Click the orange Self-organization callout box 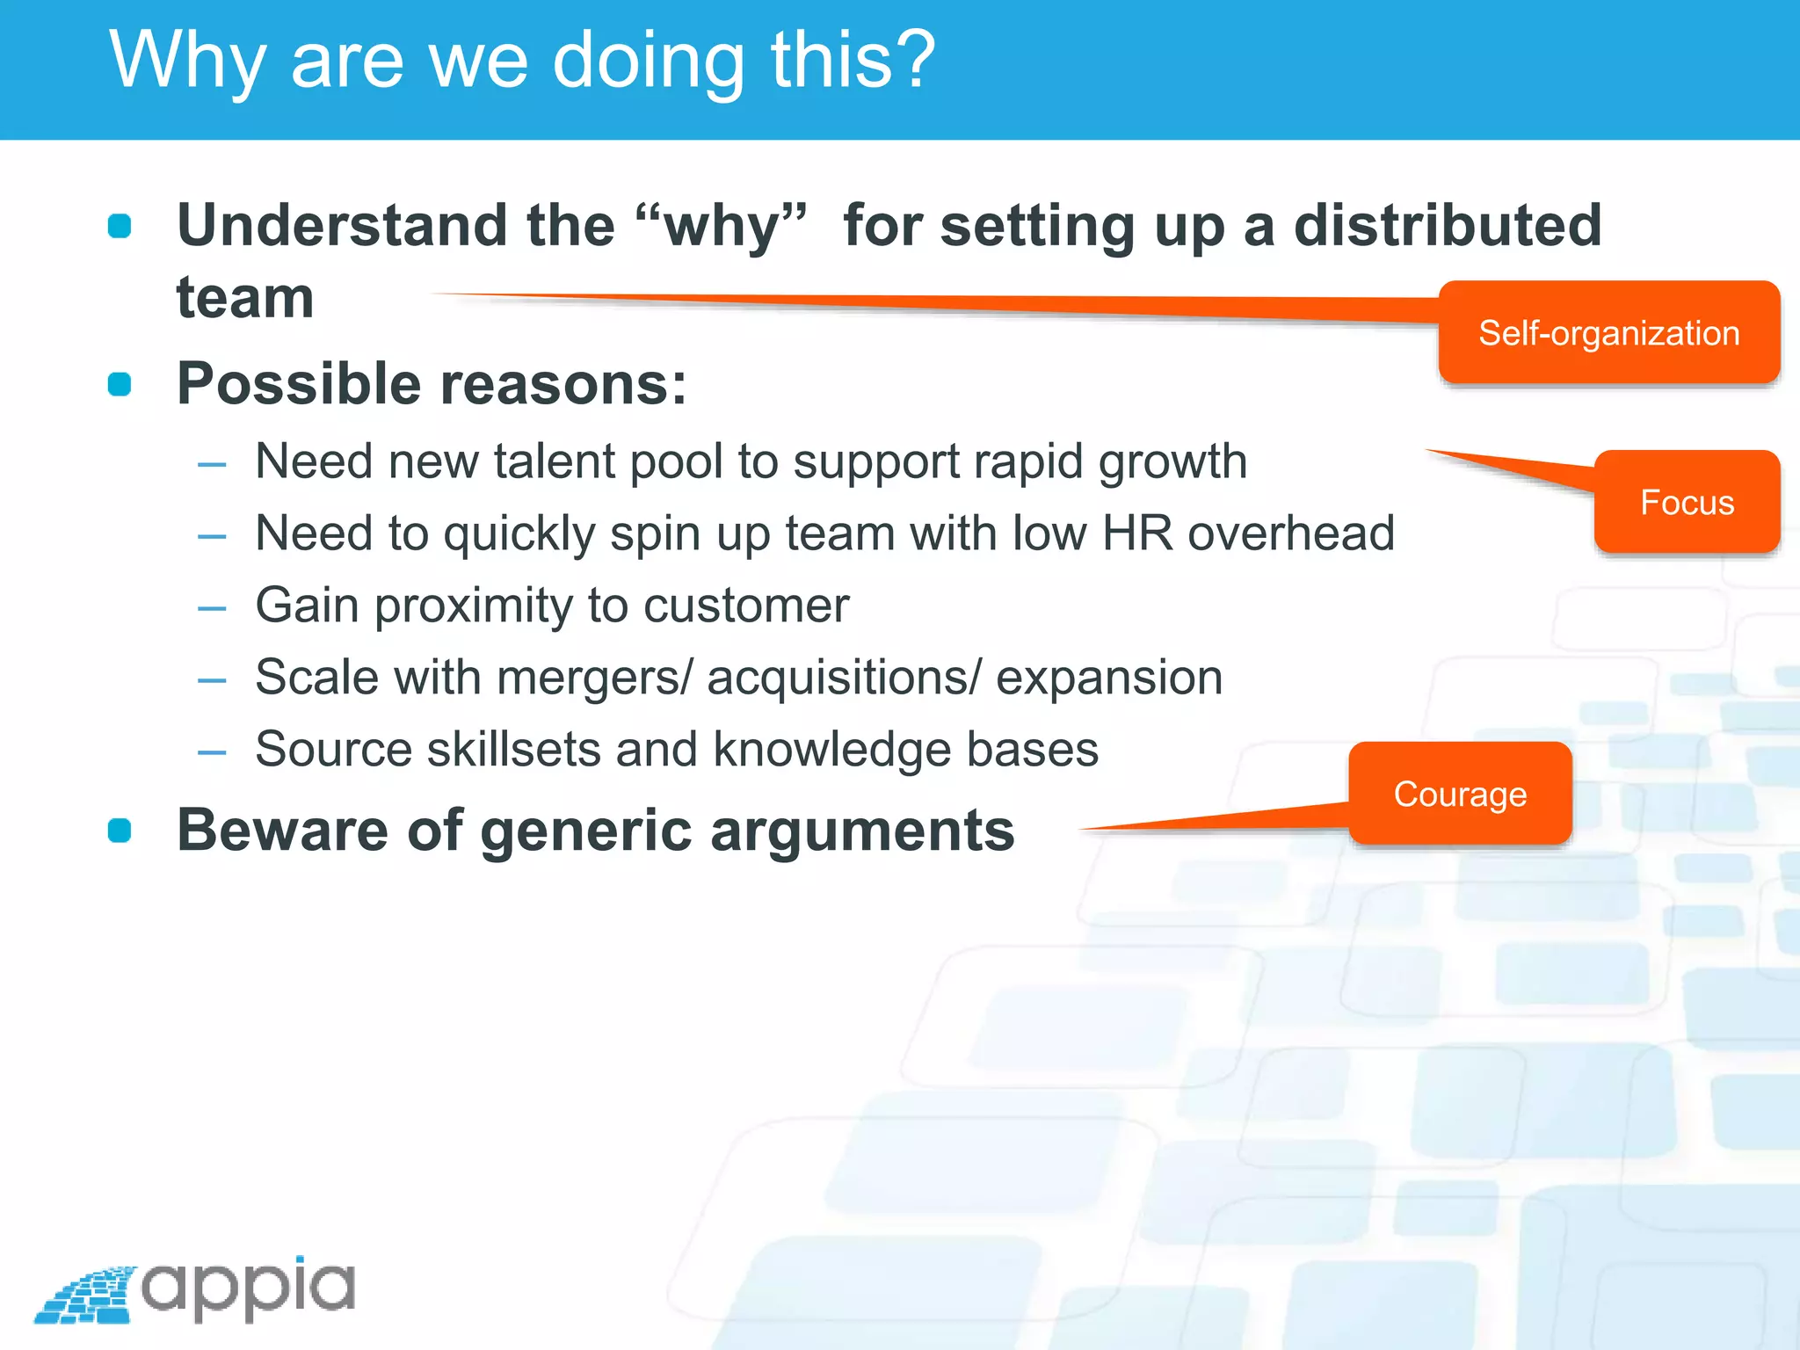pos(1608,333)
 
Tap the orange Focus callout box pos(1687,502)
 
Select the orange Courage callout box pos(1460,794)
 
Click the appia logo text pos(249,1288)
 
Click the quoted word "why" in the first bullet pos(721,225)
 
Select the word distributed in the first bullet pos(1448,225)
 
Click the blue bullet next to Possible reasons pos(120,384)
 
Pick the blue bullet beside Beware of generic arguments pos(120,831)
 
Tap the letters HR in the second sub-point pos(1138,533)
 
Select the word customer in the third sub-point pos(746,605)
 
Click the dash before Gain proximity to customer pos(212,607)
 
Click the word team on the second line pos(245,298)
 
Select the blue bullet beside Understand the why pos(120,226)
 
